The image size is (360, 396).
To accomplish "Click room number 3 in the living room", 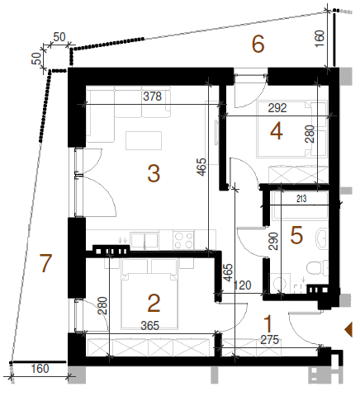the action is coord(154,173).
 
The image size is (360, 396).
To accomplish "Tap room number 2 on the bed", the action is coord(154,303).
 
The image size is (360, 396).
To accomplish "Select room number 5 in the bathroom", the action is coord(296,235).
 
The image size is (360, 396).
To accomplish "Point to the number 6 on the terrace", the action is coord(258,44).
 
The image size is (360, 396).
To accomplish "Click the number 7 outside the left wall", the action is coord(45,263).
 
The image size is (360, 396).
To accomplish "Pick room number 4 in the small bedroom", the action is coord(277,131).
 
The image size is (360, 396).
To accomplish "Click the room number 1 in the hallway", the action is coord(268,324).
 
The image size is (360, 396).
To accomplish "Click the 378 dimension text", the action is coord(153,97).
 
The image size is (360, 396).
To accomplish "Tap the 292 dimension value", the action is coord(277,108).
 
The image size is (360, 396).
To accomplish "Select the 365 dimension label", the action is coord(149,326).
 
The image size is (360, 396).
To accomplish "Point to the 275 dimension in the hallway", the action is coord(270,340).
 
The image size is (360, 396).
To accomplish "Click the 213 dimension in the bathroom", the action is coord(301,199).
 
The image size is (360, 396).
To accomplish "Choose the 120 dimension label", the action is coord(242,285).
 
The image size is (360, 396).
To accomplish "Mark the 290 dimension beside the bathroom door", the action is coord(273,241).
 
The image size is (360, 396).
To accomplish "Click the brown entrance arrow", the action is coord(348,329).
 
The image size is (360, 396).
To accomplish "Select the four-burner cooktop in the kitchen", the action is coord(183,240).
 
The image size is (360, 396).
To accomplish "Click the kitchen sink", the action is coord(144,240).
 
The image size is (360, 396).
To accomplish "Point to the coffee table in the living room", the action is coord(144,140).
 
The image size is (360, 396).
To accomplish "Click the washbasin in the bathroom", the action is coord(322,238).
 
